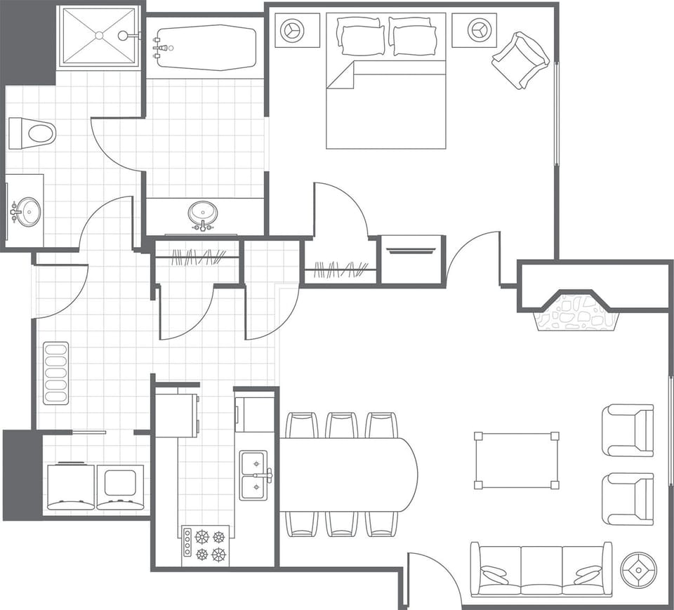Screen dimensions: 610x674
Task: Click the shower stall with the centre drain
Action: click(98, 37)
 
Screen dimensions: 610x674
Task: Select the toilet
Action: click(32, 133)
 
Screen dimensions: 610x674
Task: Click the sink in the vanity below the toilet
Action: click(27, 212)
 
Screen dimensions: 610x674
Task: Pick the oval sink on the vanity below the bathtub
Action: click(203, 213)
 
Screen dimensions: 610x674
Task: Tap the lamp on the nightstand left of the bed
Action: click(290, 30)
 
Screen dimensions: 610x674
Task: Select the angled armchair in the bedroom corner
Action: click(520, 60)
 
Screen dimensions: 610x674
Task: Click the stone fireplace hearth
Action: click(576, 312)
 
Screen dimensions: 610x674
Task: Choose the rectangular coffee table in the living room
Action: click(517, 460)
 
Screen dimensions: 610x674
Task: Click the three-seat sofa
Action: click(541, 569)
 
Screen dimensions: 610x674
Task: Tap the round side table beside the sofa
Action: click(638, 570)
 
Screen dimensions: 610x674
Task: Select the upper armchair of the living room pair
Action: click(628, 430)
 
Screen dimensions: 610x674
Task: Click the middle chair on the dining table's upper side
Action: click(342, 425)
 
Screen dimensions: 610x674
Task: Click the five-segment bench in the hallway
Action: click(56, 373)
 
